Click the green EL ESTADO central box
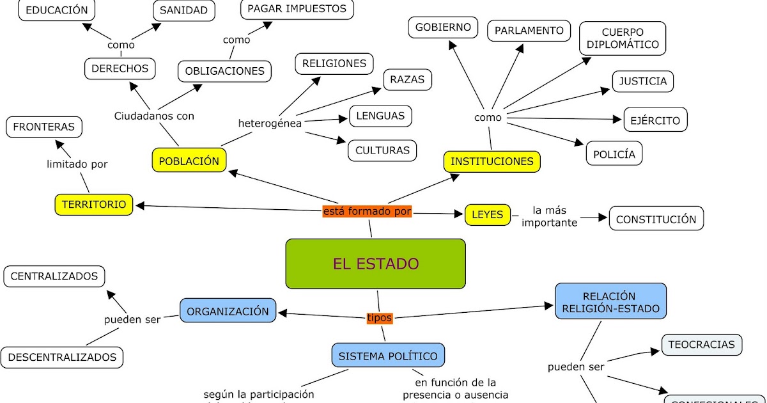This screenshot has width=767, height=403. [x=375, y=264]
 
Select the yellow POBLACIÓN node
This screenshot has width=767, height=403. [x=189, y=161]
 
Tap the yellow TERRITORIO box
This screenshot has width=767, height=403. [x=94, y=205]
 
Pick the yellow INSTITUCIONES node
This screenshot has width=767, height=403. [x=492, y=161]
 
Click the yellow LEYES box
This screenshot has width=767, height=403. [x=488, y=215]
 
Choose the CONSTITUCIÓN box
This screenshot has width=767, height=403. [x=656, y=219]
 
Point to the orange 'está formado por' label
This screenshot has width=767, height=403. [x=368, y=211]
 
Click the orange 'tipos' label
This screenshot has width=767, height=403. [x=379, y=317]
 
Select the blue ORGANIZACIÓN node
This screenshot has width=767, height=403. [x=228, y=311]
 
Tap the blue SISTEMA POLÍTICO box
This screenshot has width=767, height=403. [x=388, y=356]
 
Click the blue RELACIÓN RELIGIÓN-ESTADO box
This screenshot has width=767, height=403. [x=610, y=303]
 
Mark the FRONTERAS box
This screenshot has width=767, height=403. [x=44, y=127]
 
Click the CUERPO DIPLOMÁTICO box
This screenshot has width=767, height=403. [x=622, y=38]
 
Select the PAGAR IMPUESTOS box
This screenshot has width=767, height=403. [x=297, y=9]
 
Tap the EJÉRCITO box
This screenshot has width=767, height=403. [x=655, y=120]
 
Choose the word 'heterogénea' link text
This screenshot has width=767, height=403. [x=270, y=123]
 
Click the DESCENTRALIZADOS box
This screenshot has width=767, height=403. [x=62, y=357]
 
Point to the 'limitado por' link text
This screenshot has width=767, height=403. [x=77, y=164]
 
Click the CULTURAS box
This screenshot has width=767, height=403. [x=382, y=150]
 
